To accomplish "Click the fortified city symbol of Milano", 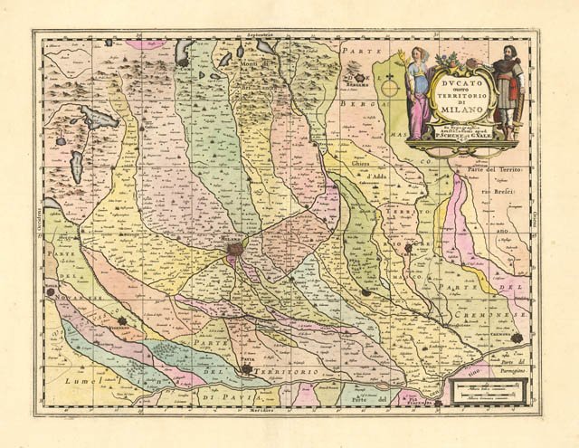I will pyautogui.click(x=235, y=246).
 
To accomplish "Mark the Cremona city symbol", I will pyautogui.click(x=517, y=338).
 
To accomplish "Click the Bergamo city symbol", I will pyautogui.click(x=360, y=79).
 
